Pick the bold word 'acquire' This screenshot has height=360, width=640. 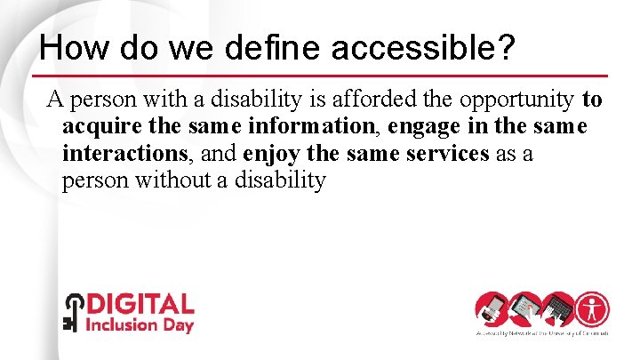pyautogui.click(x=95, y=125)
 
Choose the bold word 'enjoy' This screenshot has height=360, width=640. pyautogui.click(x=270, y=153)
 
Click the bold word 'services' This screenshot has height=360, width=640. pyautogui.click(x=447, y=153)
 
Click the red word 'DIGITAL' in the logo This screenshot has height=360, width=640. pyautogui.click(x=139, y=306)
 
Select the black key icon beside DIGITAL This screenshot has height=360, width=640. pyautogui.click(x=71, y=312)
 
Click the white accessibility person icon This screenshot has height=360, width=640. pyautogui.click(x=591, y=308)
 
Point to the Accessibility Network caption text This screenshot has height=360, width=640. pyautogui.click(x=540, y=333)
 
